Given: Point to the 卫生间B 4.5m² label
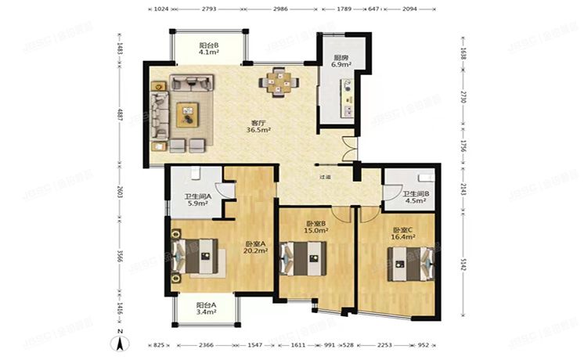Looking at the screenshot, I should [414, 197].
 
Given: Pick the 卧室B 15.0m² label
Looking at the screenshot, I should [315, 227].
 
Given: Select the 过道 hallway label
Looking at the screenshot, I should [324, 178].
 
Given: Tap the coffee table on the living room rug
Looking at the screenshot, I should [189, 115].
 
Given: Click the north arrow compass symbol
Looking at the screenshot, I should [120, 340].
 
